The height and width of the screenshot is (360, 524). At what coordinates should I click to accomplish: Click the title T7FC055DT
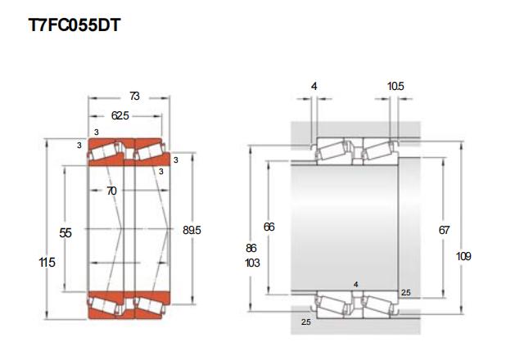[74, 25]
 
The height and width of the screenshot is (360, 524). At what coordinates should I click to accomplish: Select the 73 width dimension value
[134, 97]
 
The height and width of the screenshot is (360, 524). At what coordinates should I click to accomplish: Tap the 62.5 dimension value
[120, 115]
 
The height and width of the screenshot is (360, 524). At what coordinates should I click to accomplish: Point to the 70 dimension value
[111, 191]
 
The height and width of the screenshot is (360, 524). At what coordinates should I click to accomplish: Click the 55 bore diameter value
[65, 232]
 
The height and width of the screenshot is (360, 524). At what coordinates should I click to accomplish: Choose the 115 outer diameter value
[47, 263]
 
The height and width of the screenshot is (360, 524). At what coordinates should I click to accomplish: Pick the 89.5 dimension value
[192, 230]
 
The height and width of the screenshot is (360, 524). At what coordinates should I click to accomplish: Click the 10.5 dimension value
[395, 86]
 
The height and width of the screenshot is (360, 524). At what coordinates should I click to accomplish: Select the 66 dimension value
[269, 227]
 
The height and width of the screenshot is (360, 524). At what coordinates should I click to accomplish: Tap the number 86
[251, 248]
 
